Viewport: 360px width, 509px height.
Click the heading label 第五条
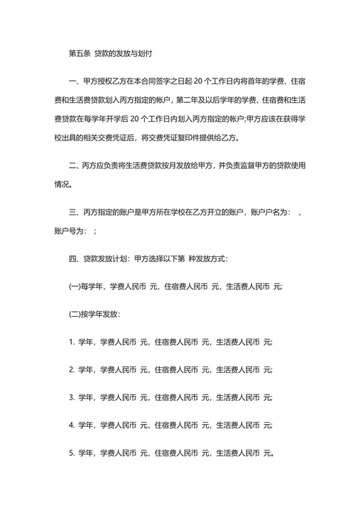pos(78,54)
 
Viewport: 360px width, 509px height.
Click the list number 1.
pos(71,343)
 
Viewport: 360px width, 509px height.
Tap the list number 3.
pos(71,397)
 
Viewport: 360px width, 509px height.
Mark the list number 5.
pos(71,454)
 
